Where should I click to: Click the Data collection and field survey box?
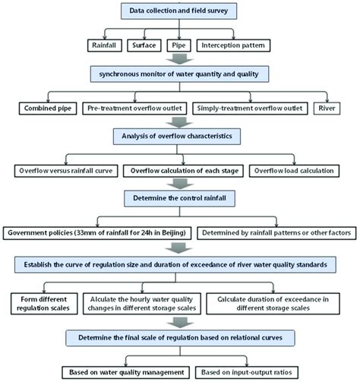[x=178, y=11]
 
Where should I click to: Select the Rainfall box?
[x=105, y=46]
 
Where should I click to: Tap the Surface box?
[x=144, y=46]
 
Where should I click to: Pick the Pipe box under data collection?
[x=178, y=46]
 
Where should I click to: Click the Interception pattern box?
[x=233, y=46]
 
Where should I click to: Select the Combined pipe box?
[x=48, y=109]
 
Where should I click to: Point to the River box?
[x=327, y=109]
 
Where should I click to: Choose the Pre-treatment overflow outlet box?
[x=134, y=109]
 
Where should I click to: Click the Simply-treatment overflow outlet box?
[x=250, y=109]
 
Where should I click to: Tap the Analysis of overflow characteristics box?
[x=177, y=137]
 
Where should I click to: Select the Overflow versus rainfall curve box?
[x=66, y=171]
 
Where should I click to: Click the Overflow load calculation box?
[x=294, y=171]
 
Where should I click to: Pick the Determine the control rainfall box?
[x=179, y=198]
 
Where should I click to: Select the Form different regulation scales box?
[x=44, y=304]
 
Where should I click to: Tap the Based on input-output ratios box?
[x=247, y=373]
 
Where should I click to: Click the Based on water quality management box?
[x=126, y=373]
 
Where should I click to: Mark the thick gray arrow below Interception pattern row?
[x=179, y=58]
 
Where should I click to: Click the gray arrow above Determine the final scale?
[x=180, y=322]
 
